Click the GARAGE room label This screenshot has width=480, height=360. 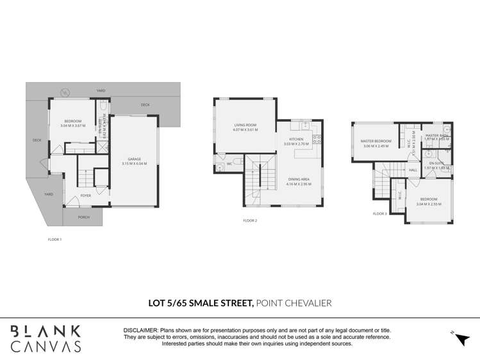coord(134,158)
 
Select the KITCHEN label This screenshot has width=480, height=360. coord(296,139)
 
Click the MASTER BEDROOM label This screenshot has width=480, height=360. coord(376,141)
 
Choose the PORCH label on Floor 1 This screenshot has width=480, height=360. coord(83,217)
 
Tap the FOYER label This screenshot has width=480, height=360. coord(85,196)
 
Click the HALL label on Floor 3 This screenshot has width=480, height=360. coord(413,170)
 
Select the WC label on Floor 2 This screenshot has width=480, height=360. coord(229,164)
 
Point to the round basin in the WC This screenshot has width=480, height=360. coord(220,169)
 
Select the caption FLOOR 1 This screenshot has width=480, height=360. coord(55,239)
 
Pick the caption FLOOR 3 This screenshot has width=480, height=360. coord(380,214)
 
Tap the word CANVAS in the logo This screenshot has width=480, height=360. coord(46,346)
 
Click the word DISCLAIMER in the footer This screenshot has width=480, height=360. coord(141,330)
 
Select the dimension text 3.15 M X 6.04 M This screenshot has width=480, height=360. coord(134,163)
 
